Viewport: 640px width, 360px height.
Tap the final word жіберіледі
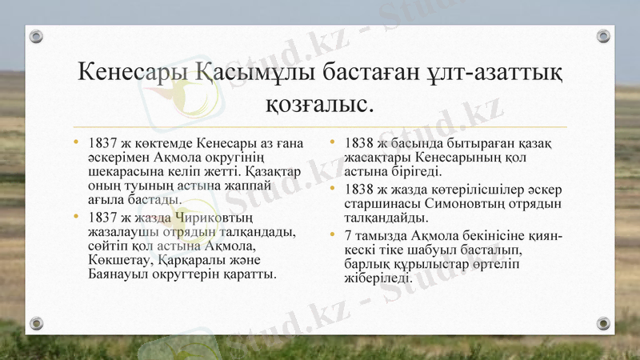point(378,278)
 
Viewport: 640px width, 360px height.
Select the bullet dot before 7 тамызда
point(334,234)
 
